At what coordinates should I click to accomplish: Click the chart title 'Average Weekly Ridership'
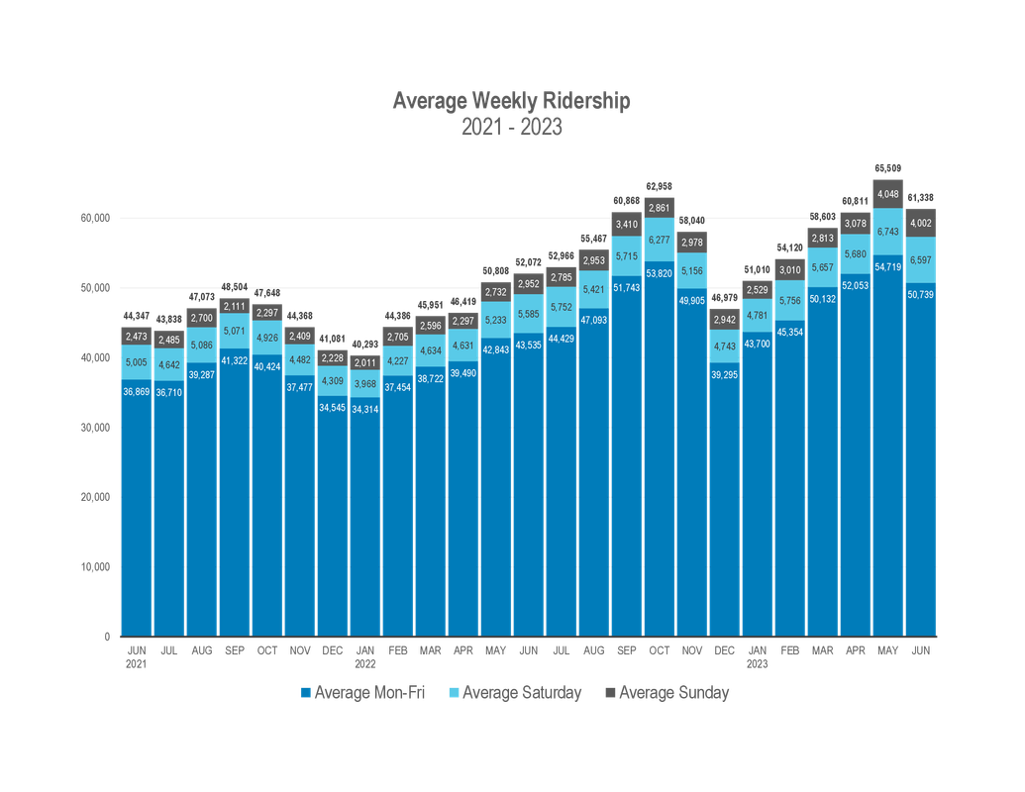511,101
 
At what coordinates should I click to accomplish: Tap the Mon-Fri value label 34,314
365,409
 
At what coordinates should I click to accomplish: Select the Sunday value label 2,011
365,362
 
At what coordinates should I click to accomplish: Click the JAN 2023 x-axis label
758,654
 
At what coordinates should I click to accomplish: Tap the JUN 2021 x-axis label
136,654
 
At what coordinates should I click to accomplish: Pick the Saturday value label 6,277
660,240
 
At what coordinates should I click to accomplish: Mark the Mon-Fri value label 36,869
137,392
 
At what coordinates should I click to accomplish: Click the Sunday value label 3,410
627,225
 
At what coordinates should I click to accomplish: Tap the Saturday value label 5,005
137,362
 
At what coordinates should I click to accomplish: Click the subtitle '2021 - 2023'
511,128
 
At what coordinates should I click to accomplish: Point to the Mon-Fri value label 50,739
921,295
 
